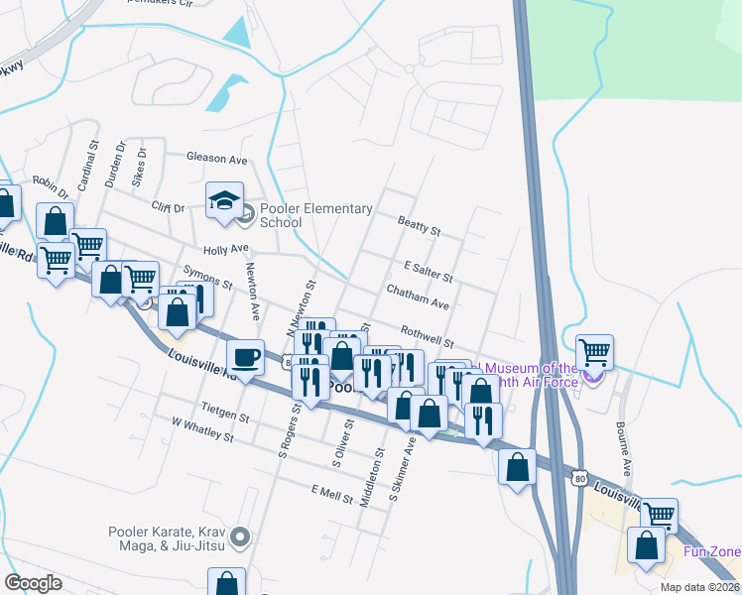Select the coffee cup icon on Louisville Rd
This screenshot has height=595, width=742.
point(245,356)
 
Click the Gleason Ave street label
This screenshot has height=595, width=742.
point(217,158)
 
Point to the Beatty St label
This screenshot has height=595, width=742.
point(419,226)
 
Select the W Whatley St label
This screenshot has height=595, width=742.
point(201,428)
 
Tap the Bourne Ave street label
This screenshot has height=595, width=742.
point(626,449)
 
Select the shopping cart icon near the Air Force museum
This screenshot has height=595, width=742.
point(594,351)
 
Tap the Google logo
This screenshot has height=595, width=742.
point(34,582)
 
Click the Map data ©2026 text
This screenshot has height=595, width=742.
point(698,587)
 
